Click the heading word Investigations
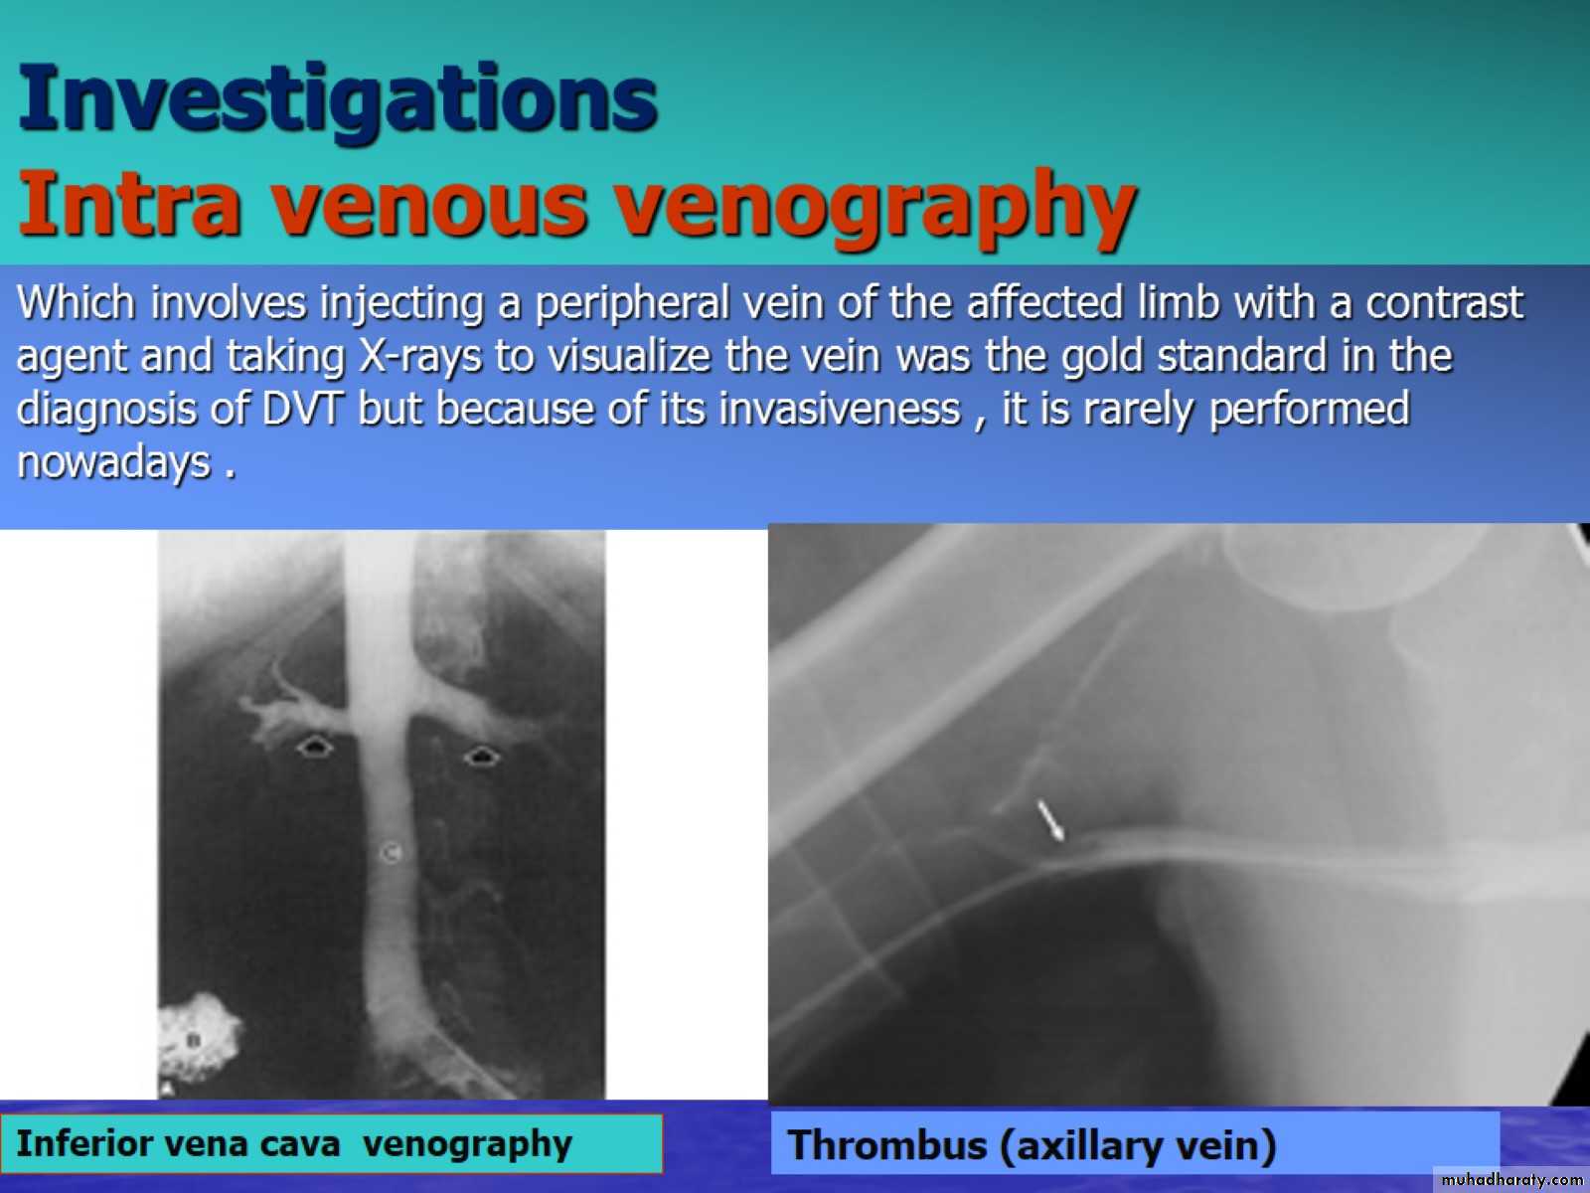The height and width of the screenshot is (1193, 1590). click(338, 100)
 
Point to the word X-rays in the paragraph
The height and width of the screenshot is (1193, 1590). click(420, 356)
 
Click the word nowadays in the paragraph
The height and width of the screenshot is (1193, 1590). click(113, 462)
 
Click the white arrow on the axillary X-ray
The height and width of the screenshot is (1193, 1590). click(1050, 820)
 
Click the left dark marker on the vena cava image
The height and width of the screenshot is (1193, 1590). click(314, 746)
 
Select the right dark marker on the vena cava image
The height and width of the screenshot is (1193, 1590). click(481, 757)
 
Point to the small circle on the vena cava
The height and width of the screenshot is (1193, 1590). click(392, 853)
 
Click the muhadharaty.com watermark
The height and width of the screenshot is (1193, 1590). click(1511, 1179)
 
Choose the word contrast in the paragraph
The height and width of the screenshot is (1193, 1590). click(1444, 304)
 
